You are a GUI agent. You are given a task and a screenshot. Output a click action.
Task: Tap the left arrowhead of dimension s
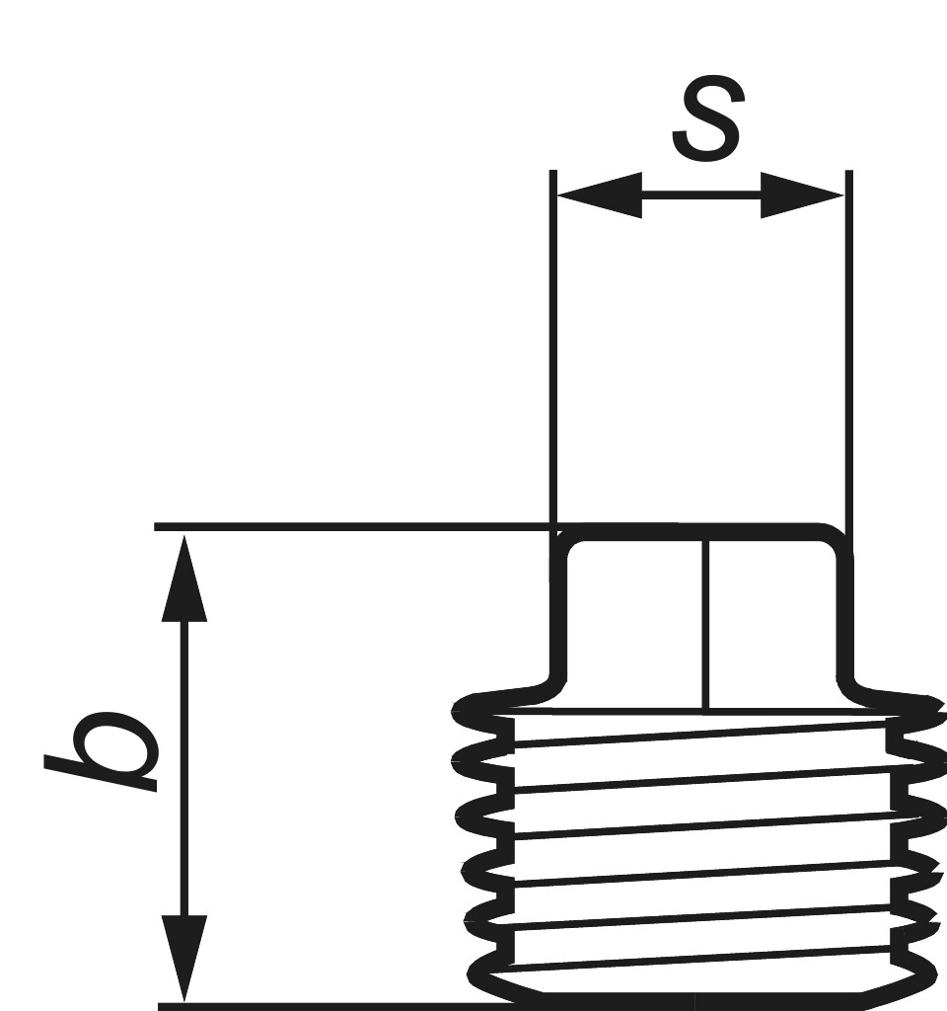598,195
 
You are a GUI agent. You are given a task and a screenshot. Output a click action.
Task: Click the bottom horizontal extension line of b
326,1006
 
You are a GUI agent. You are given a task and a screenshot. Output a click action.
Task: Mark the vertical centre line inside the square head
705,622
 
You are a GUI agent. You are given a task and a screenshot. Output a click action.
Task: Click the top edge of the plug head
700,534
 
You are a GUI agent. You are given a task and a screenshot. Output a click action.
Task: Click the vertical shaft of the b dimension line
184,770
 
